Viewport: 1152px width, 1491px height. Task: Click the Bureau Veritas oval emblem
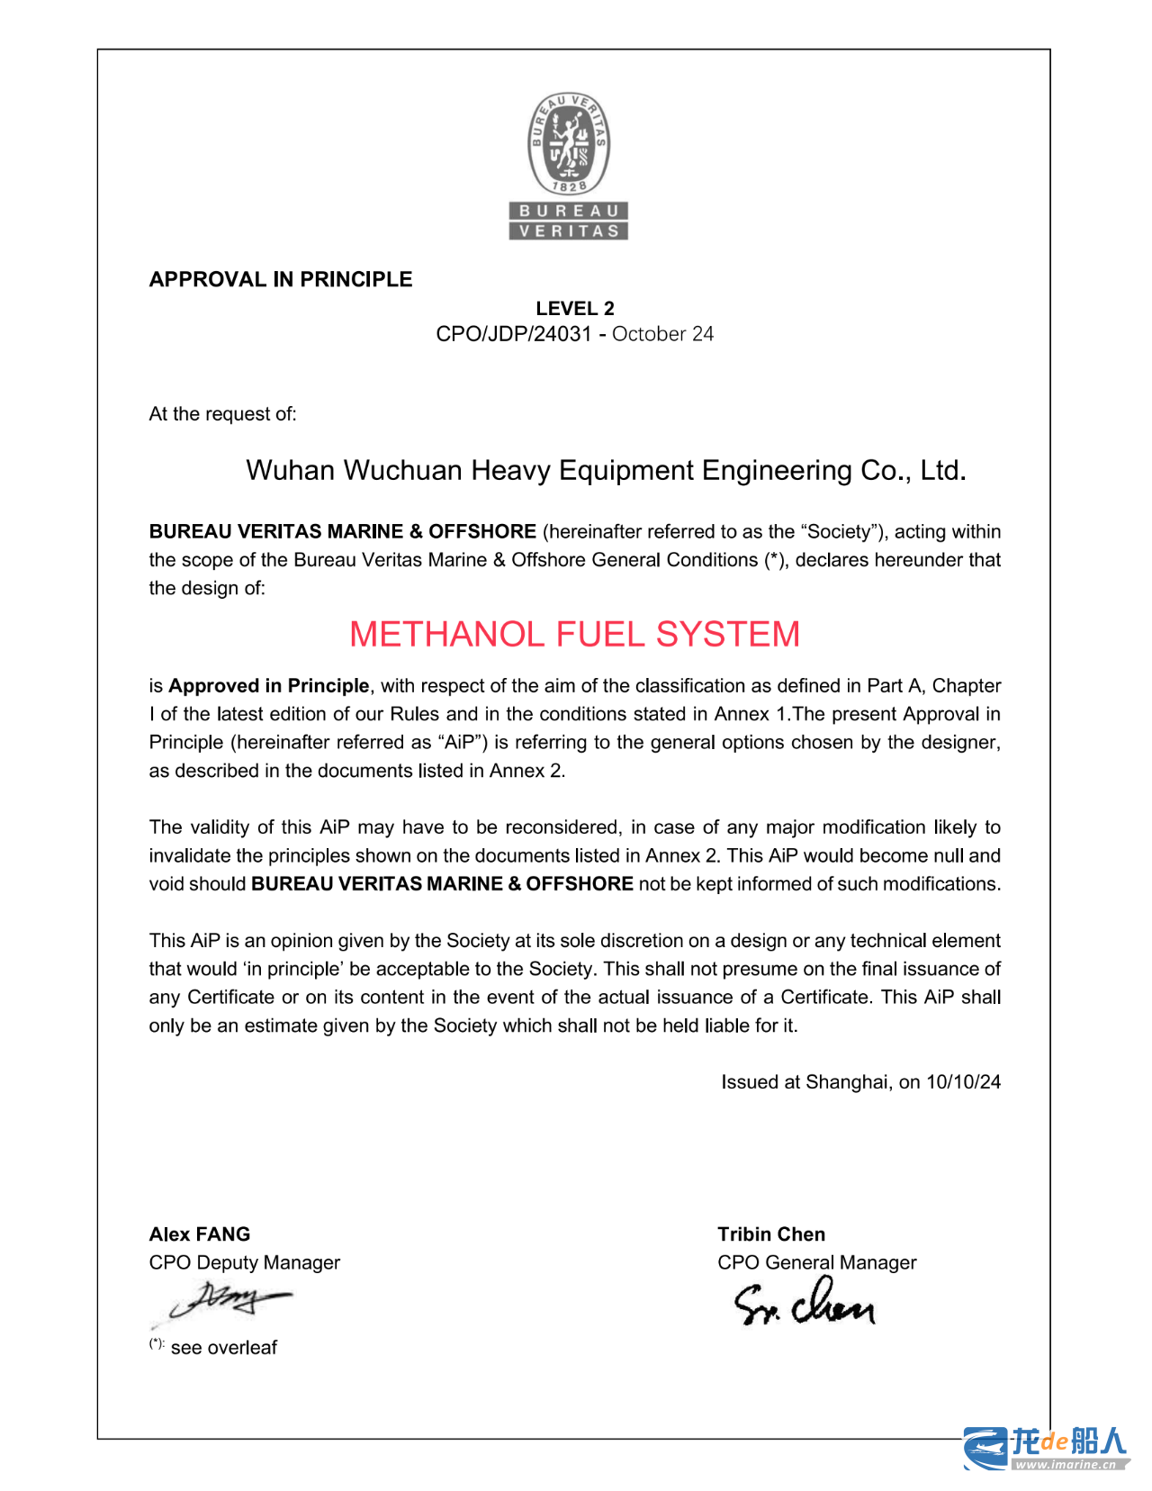pos(569,144)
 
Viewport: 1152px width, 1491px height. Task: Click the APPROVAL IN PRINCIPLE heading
pos(281,279)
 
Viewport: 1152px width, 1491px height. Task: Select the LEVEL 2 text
pos(575,308)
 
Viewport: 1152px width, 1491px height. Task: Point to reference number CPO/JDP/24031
pos(514,334)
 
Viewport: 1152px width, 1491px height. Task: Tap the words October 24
pos(662,334)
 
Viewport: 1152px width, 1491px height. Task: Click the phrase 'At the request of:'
pos(222,414)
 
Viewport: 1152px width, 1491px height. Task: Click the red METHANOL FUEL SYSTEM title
pos(574,634)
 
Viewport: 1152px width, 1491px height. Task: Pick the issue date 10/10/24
pos(963,1082)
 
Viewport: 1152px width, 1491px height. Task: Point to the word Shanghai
pos(845,1082)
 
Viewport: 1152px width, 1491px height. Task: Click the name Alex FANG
pos(200,1234)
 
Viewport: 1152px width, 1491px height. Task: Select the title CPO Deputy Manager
pos(245,1262)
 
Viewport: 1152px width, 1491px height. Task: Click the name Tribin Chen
pos(771,1234)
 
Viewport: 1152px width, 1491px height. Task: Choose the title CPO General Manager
pos(817,1262)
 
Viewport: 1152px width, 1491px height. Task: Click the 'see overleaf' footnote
pos(223,1348)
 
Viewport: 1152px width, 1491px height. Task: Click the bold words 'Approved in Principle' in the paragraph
pos(269,686)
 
